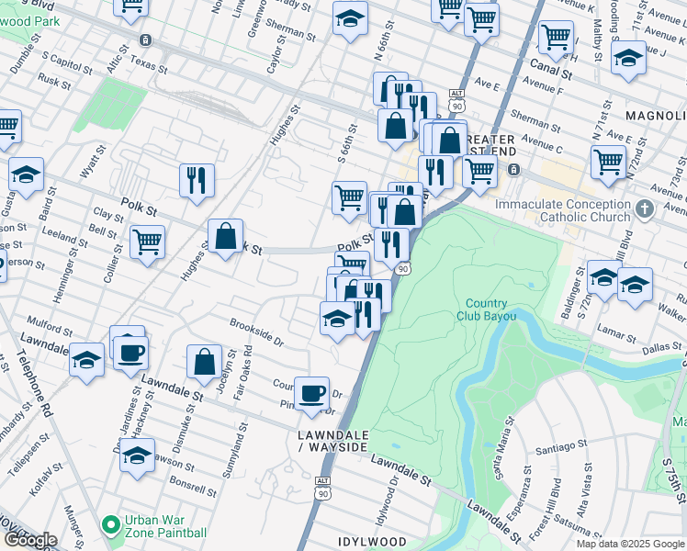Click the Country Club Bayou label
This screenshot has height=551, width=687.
pos(485,309)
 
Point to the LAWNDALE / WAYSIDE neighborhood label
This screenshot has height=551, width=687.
pos(332,440)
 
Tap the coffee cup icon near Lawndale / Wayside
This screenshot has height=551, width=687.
pos(312,392)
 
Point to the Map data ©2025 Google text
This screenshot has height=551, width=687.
pos(629,544)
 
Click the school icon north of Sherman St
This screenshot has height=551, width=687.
pos(349,17)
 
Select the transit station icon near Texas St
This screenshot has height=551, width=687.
pos(145,40)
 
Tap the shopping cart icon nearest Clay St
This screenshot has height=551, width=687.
pos(147,242)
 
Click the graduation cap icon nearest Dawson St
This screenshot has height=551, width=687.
pos(137,454)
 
